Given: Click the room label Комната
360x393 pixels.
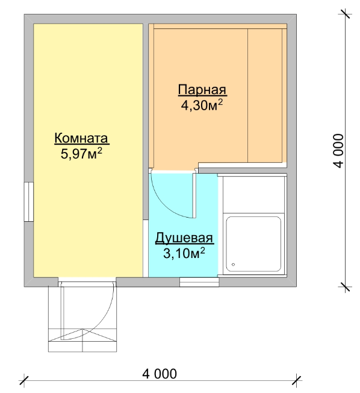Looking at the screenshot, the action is tap(82, 138).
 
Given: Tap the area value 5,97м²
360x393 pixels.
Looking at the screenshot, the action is tap(81, 153).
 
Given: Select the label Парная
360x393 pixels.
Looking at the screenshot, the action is tap(202, 89).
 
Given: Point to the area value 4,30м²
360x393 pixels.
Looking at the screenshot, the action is tap(202, 105).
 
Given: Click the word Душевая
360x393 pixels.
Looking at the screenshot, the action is tap(184, 238).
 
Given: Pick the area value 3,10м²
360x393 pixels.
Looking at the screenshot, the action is tap(184, 253).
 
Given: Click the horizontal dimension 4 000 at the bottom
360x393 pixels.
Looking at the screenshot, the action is tap(160, 374).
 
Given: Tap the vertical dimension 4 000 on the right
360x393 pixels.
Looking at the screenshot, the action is tap(339, 150).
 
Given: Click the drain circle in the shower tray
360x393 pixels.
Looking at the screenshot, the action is tap(234, 265).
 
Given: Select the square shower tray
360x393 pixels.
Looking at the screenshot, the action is tap(253, 244).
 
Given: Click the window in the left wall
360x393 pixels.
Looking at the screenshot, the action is tap(29, 202).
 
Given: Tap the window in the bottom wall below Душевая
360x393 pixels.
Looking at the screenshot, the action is tap(199, 282).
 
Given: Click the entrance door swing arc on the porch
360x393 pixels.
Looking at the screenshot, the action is tap(105, 321).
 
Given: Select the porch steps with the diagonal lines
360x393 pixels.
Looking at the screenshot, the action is tap(82, 340).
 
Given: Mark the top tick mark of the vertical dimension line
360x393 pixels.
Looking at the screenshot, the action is tap(346, 14).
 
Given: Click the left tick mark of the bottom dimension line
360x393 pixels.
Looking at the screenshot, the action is tap(24, 380).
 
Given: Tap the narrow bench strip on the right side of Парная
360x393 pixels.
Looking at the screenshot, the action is tap(284, 95).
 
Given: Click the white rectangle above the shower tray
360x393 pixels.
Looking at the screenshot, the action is tap(253, 195).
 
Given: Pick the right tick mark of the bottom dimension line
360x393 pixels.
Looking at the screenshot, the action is tap(296, 380).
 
